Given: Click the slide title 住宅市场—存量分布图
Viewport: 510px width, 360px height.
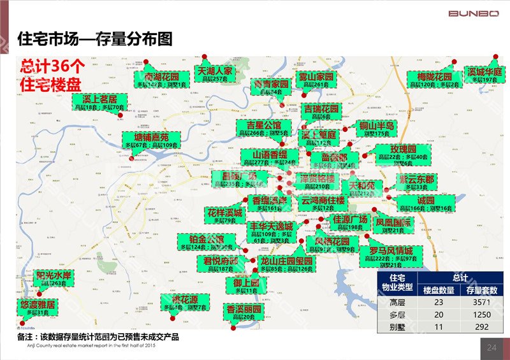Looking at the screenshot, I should (95, 39).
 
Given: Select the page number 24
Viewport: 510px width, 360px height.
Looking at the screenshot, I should (491, 347).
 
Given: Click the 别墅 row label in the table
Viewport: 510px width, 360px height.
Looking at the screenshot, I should (397, 327).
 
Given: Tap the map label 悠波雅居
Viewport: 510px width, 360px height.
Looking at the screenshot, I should (38, 305).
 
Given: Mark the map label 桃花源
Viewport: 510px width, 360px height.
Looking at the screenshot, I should (184, 299).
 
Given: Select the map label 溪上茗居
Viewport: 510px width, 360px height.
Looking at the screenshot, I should (100, 101).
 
